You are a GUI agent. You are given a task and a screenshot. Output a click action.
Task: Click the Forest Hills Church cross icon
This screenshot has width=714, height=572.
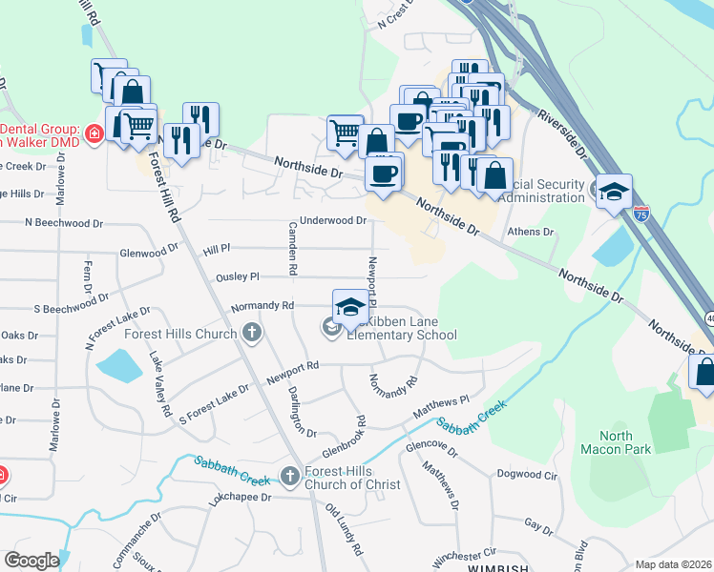click(x=252, y=333)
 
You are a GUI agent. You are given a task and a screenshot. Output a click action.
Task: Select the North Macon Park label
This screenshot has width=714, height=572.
click(x=629, y=442)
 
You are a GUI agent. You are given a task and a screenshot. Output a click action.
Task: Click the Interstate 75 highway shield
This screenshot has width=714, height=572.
click(x=641, y=211)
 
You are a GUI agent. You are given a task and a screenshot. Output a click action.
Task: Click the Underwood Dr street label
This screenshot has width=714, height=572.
click(x=333, y=220)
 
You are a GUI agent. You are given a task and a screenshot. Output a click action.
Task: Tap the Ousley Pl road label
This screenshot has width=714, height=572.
click(x=238, y=276)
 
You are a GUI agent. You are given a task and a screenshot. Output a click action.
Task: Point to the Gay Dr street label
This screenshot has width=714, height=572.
click(x=538, y=525)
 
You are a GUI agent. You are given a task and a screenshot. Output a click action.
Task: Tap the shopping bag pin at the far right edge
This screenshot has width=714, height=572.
click(x=704, y=374)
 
